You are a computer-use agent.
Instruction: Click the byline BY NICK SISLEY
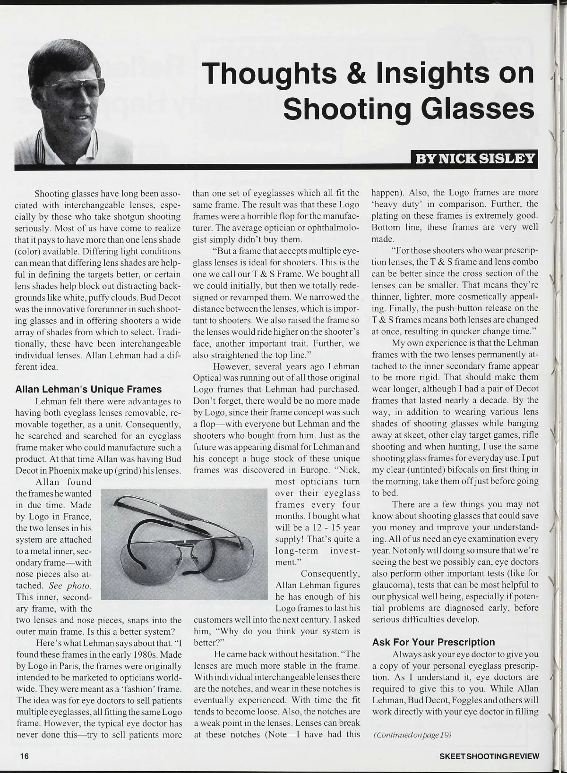coord(475,158)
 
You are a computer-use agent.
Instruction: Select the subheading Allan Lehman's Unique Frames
coord(88,389)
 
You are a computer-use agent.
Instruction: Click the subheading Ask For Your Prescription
coord(433,642)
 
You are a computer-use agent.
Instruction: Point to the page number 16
coord(25,756)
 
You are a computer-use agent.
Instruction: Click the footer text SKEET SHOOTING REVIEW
coord(489,756)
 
